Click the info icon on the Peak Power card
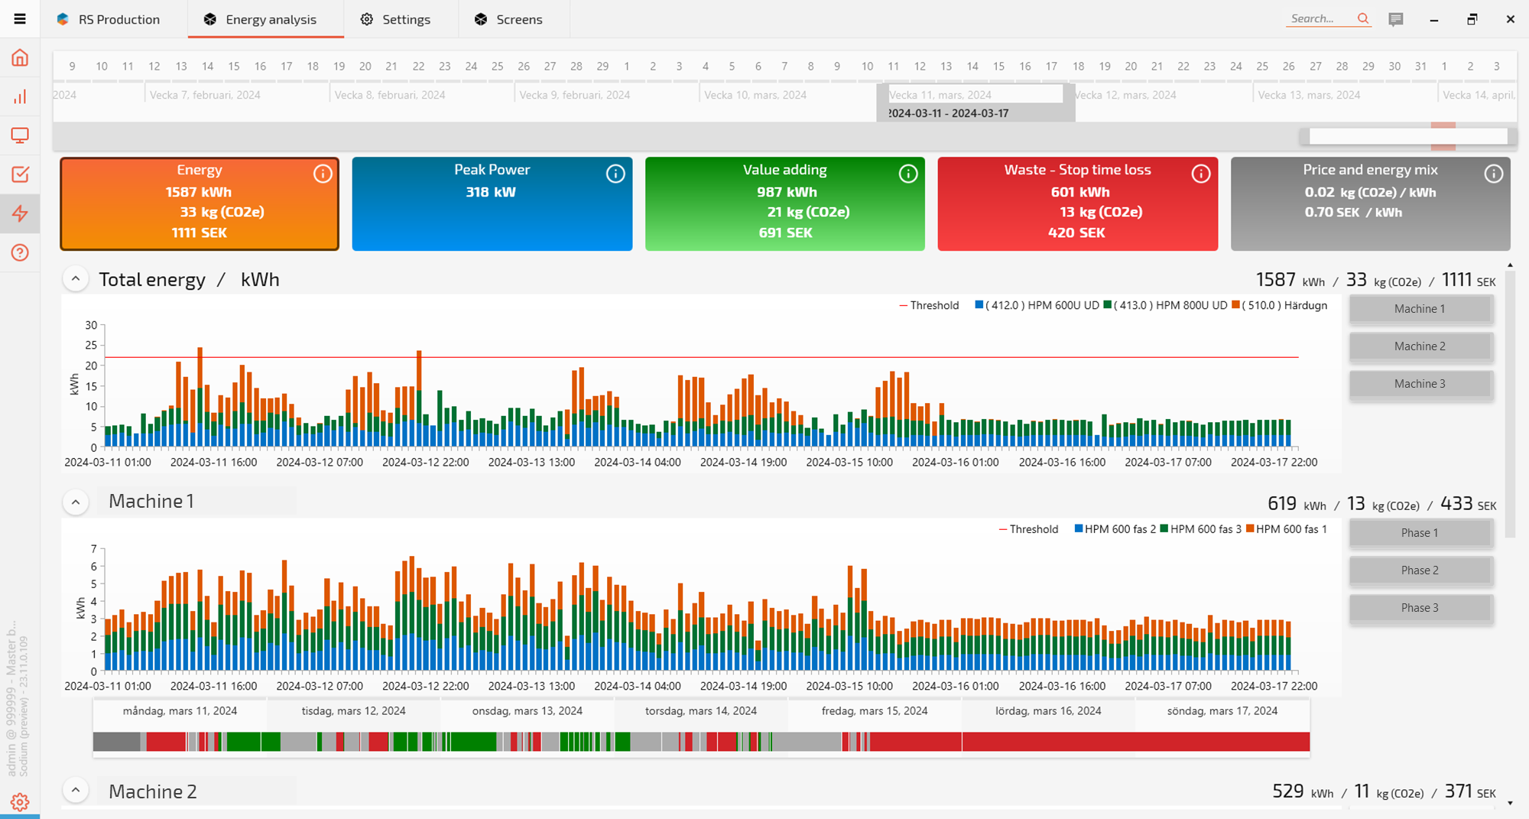(x=615, y=174)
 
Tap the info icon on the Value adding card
(x=908, y=174)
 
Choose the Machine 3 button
(x=1420, y=384)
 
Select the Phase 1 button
(x=1420, y=533)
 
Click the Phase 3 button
(x=1420, y=608)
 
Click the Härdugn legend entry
(x=1284, y=305)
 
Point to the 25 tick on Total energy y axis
(x=91, y=346)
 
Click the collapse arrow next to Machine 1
(x=76, y=502)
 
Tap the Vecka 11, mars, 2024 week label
(x=940, y=95)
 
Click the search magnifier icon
(x=1363, y=19)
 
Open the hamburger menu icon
(x=20, y=19)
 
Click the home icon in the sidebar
(x=20, y=58)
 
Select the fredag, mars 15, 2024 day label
(x=875, y=711)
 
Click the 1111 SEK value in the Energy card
(x=200, y=232)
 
